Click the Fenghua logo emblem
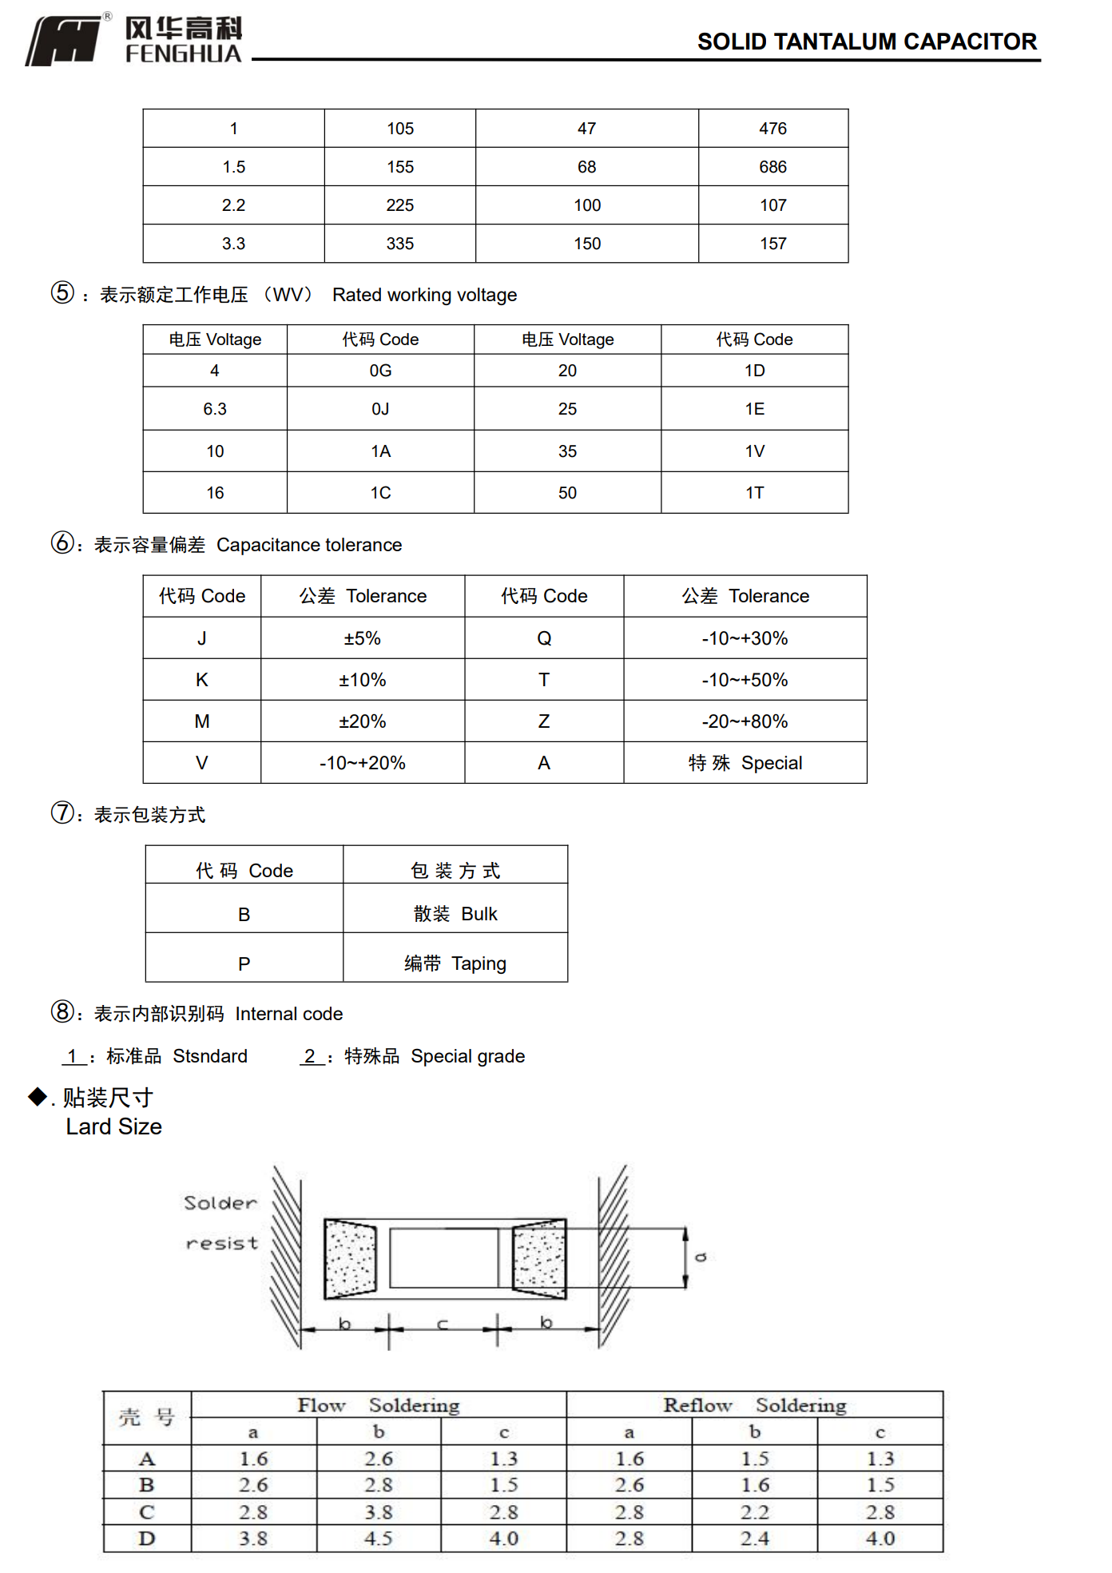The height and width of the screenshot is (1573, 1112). pos(64,41)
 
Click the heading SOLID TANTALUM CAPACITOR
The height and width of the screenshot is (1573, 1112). pos(867,42)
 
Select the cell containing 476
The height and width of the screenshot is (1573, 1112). pos(772,129)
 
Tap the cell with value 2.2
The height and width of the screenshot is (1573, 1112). pos(233,205)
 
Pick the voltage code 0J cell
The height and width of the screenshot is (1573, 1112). pos(380,409)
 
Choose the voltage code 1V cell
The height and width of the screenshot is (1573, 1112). pos(754,451)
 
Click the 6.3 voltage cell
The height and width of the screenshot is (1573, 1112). pos(214,409)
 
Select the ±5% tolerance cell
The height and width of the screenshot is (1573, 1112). pos(362,638)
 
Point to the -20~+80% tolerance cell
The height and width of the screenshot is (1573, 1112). pos(745,721)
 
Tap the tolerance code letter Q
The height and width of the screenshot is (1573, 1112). pos(544,638)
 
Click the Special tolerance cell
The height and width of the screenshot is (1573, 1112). pos(745,763)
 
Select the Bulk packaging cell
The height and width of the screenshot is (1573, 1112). pos(455,914)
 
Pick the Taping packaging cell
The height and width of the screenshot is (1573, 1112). pos(455,963)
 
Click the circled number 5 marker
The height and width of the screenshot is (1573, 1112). pos(62,293)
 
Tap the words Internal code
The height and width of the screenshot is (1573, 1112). pos(288,1014)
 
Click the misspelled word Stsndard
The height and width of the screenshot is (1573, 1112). pos(210,1056)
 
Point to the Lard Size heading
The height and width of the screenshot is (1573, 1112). pos(114,1126)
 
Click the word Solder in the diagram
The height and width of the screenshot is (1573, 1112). pos(220,1203)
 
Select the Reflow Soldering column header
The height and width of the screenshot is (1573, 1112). pos(754,1405)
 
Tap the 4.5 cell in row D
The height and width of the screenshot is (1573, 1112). pos(378,1539)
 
